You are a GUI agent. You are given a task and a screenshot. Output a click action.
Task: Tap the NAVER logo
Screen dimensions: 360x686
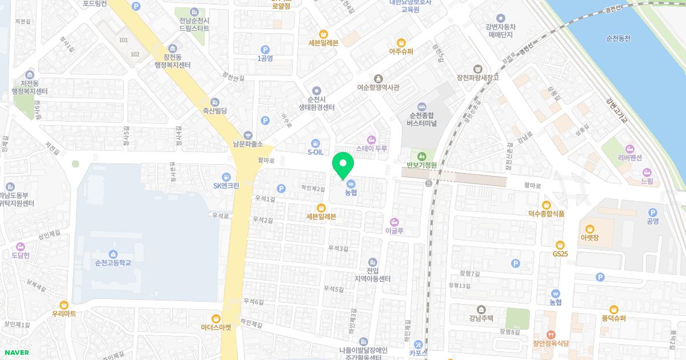point(16,353)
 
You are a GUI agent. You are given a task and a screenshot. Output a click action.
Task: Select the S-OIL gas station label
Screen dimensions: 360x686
point(316,152)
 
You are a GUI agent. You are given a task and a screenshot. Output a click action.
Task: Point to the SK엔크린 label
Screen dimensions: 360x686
point(226,185)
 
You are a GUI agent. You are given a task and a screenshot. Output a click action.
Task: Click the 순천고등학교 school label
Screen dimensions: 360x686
point(114,263)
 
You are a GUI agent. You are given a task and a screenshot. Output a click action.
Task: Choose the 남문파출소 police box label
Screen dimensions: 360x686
point(247,144)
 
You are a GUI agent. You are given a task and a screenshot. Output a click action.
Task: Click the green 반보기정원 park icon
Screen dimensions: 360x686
point(422,155)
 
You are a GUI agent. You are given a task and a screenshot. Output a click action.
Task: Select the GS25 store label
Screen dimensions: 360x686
point(560,254)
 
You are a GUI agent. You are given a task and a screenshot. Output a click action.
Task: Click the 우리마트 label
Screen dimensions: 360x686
point(64,313)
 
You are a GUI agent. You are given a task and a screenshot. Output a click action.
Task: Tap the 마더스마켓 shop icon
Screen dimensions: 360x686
point(216,319)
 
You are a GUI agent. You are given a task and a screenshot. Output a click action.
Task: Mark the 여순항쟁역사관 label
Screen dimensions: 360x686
point(378,87)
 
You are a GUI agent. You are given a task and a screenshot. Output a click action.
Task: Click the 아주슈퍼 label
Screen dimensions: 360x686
point(401,51)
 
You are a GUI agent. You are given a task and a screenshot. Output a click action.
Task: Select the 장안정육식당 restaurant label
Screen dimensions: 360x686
point(551,343)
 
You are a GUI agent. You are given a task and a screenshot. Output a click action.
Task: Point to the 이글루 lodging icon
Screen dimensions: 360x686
point(394,222)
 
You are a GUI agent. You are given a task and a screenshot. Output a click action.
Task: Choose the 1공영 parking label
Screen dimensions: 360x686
point(265,58)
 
